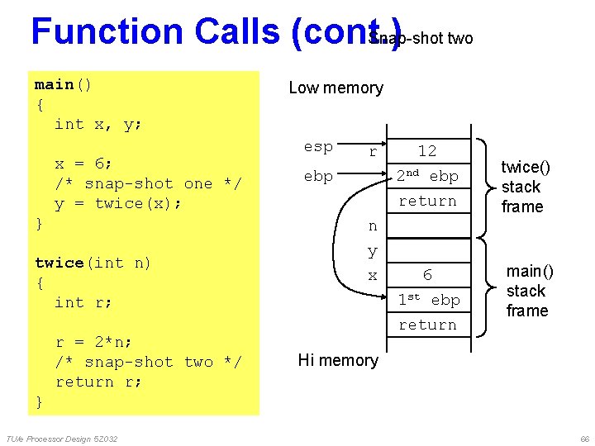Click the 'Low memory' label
pyautogui.click(x=336, y=88)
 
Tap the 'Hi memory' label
pyautogui.click(x=338, y=359)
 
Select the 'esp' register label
pyautogui.click(x=318, y=147)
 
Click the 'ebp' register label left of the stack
pyautogui.click(x=318, y=176)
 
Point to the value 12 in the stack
pyautogui.click(x=426, y=150)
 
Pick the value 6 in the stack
pyautogui.click(x=427, y=274)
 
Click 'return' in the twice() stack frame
pyautogui.click(x=427, y=201)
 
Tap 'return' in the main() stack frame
pyautogui.click(x=427, y=325)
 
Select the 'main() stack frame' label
pyautogui.click(x=529, y=291)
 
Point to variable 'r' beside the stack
pyautogui.click(x=373, y=151)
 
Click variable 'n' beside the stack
pyautogui.click(x=373, y=225)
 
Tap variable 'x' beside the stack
pyautogui.click(x=373, y=275)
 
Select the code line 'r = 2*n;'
pyautogui.click(x=93, y=342)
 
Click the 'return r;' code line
pyautogui.click(x=98, y=382)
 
